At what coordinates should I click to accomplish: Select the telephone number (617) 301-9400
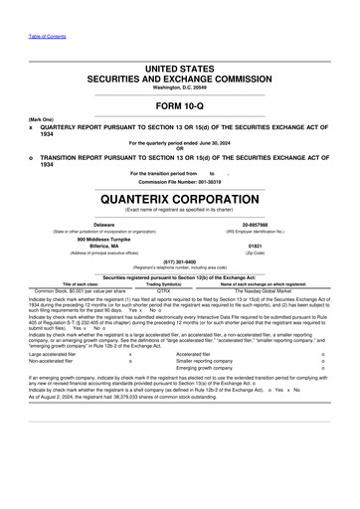(179, 262)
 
